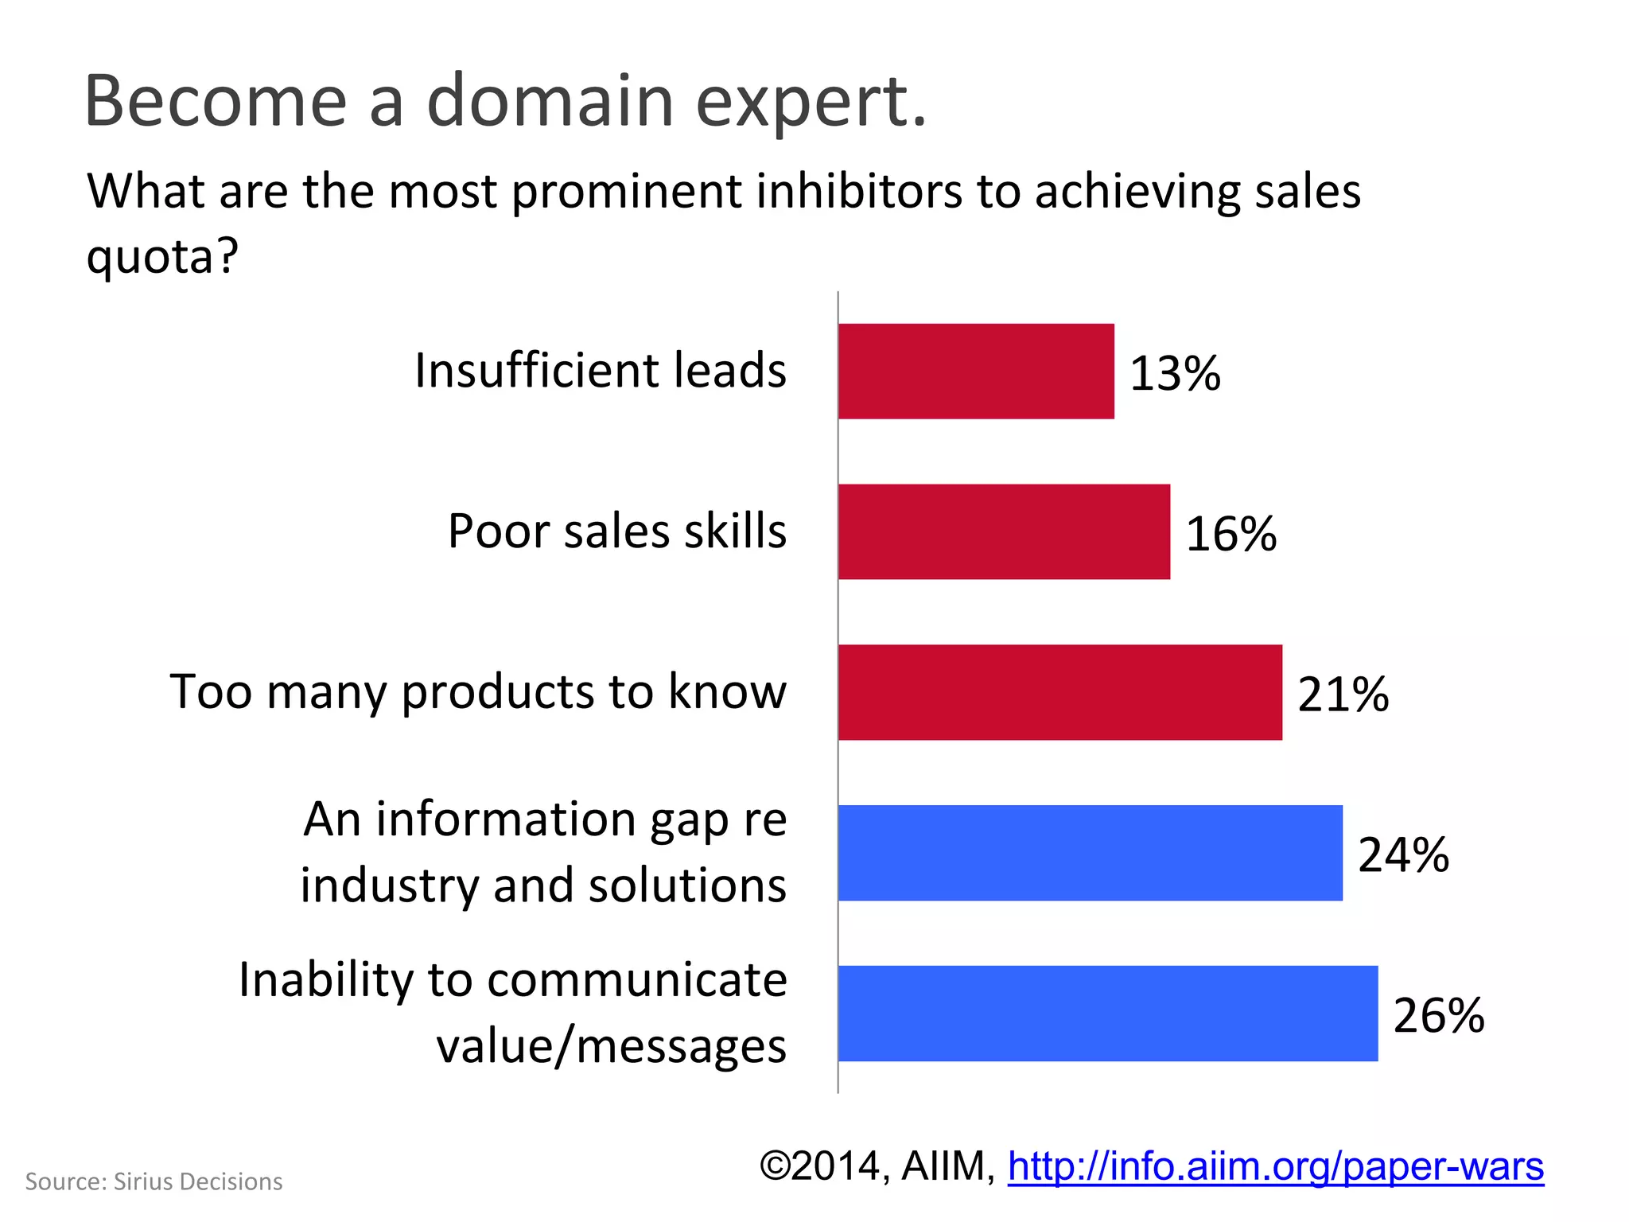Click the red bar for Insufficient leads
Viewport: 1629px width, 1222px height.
pyautogui.click(x=976, y=371)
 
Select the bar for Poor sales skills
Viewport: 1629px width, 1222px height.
pyautogui.click(x=1004, y=531)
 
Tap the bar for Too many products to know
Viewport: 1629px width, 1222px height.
pyautogui.click(x=1059, y=692)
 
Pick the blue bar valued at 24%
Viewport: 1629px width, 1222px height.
pyautogui.click(x=1090, y=853)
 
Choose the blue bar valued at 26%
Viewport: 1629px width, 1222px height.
pyautogui.click(x=1107, y=1014)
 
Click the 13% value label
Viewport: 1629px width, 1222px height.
pyautogui.click(x=1175, y=373)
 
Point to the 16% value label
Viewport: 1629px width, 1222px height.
pyautogui.click(x=1231, y=534)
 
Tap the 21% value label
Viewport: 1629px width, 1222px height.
pyautogui.click(x=1343, y=695)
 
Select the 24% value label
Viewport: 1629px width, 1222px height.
pyautogui.click(x=1404, y=855)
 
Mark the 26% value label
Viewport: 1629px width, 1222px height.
pyautogui.click(x=1439, y=1016)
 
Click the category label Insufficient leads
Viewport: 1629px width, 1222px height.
pyautogui.click(x=601, y=371)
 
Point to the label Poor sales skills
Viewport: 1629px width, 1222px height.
pyautogui.click(x=617, y=531)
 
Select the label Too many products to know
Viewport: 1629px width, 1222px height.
pyautogui.click(x=478, y=692)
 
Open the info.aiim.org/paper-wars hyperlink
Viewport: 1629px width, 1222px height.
pyautogui.click(x=1276, y=1167)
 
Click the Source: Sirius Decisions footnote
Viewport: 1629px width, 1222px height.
pyautogui.click(x=154, y=1182)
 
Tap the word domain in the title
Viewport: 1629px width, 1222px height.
pyautogui.click(x=550, y=102)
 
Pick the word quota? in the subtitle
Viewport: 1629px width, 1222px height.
pyautogui.click(x=162, y=257)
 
